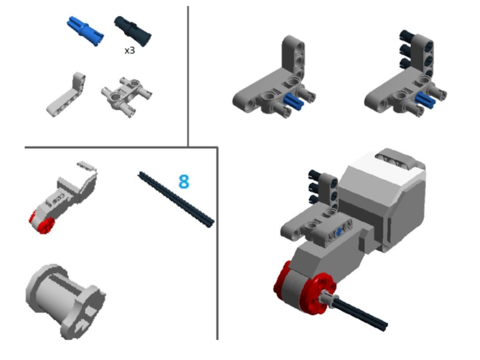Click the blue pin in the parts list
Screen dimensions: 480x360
85,31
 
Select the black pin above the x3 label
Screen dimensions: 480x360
133,29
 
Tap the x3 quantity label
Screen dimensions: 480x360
130,50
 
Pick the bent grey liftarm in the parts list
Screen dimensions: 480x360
67,94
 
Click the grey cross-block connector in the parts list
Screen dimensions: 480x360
127,96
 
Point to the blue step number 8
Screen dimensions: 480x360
184,182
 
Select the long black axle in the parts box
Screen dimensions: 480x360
176,199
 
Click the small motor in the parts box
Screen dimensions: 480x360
64,197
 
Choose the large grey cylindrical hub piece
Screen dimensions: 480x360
65,301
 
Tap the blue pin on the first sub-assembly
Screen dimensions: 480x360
293,101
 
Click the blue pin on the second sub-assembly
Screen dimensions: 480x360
425,100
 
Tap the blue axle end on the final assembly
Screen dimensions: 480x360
338,233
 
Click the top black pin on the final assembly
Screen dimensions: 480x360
314,175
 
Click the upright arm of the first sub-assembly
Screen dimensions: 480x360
293,56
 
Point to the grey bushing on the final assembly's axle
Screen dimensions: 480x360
328,298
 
